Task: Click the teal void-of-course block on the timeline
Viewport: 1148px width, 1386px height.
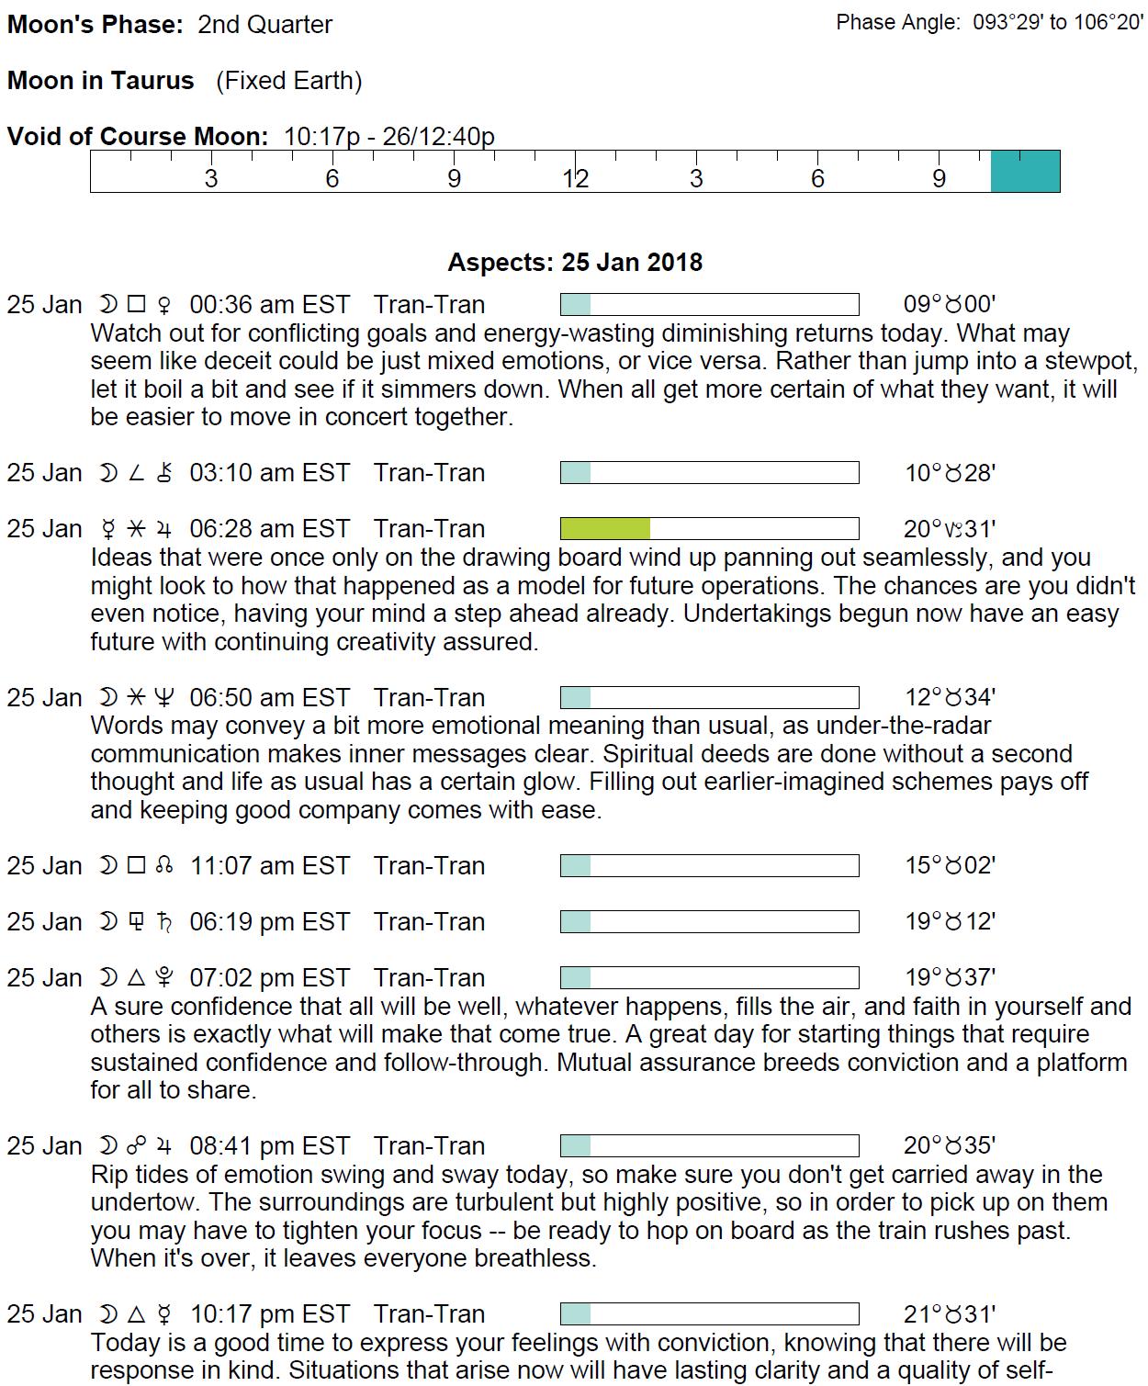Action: click(x=1025, y=172)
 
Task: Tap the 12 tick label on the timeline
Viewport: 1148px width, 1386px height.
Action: click(x=575, y=179)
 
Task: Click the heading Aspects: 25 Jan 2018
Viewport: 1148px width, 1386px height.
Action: click(x=575, y=263)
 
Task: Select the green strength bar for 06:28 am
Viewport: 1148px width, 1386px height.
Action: click(x=605, y=529)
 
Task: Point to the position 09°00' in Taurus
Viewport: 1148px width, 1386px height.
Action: click(x=950, y=305)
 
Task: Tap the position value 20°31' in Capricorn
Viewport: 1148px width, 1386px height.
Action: click(x=950, y=529)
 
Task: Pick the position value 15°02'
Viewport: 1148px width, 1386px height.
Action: click(x=950, y=866)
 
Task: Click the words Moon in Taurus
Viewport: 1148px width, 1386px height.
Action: click(x=101, y=81)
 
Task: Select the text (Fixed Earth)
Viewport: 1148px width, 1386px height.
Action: click(x=289, y=81)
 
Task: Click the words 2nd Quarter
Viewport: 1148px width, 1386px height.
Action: click(x=264, y=25)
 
